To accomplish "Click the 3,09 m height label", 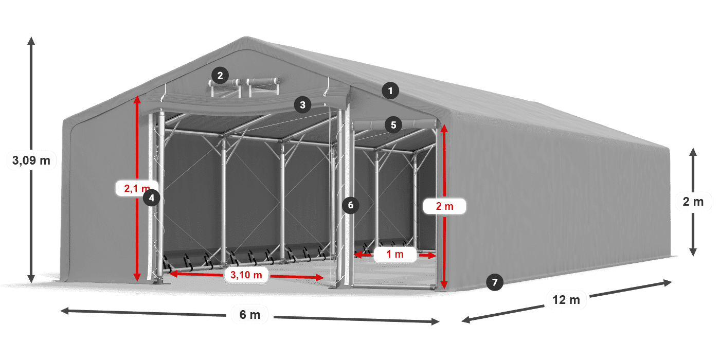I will (x=31, y=160).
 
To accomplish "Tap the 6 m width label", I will (x=250, y=314).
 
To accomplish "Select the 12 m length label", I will (x=566, y=299).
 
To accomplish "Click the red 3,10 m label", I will (x=246, y=275).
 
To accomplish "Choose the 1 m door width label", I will (x=395, y=254).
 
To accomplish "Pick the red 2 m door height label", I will (x=444, y=207).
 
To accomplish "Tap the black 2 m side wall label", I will (x=693, y=202).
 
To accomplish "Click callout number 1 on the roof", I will (x=390, y=92).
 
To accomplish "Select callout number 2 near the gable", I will (x=220, y=76).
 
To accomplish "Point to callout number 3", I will (x=302, y=105).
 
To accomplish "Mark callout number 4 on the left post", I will (x=151, y=197).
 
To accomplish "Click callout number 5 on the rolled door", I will (x=393, y=124).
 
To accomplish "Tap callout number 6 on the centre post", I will (x=351, y=205).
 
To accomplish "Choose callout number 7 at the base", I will (x=495, y=282).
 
